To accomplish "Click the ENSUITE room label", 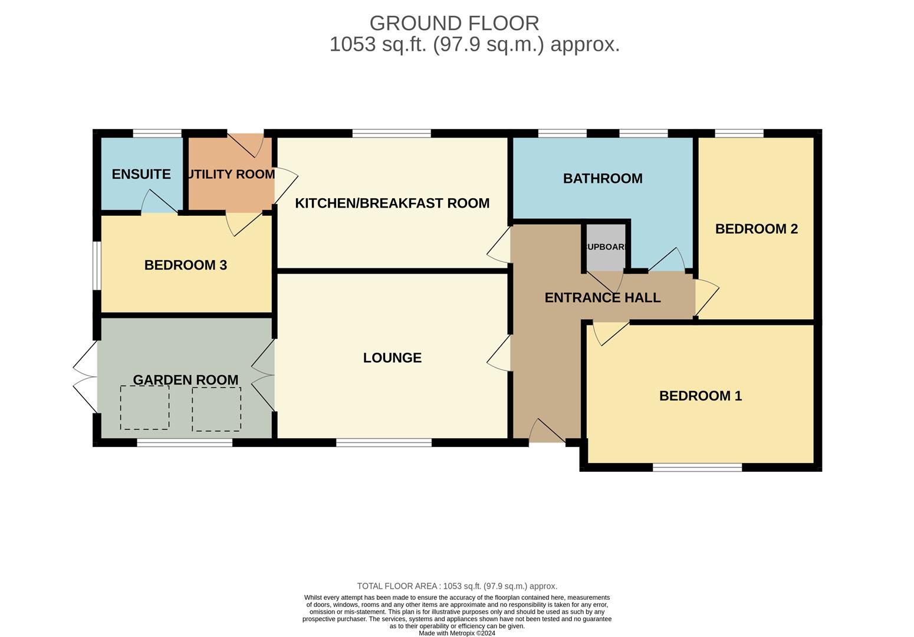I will (141, 174).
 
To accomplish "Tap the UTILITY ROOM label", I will (231, 174).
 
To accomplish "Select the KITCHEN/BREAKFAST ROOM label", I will (392, 203).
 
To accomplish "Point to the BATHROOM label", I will (603, 178).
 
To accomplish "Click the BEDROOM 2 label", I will (756, 229).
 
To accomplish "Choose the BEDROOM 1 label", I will (700, 396).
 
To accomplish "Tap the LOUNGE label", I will (392, 357).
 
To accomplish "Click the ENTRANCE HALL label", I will (602, 298).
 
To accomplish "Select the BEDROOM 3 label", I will (185, 265).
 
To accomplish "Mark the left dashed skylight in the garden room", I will (144, 408).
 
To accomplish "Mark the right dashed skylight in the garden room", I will (216, 409).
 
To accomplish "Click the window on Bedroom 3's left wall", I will (97, 265).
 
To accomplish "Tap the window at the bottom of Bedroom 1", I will (697, 468).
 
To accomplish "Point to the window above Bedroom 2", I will (739, 133).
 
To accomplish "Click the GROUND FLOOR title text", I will (454, 23).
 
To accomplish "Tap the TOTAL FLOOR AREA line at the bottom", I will (457, 586).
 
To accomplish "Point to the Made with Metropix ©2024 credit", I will (457, 633).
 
